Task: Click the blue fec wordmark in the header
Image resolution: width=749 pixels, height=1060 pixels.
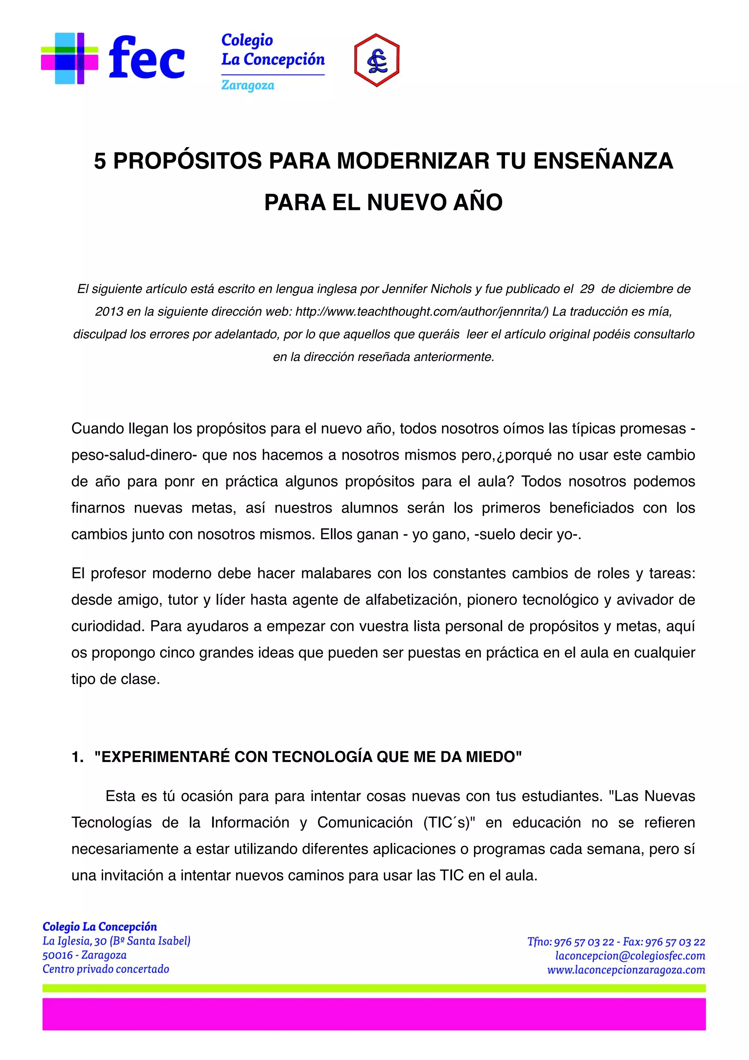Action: [147, 58]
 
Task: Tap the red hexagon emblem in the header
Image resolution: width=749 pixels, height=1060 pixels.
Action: [377, 60]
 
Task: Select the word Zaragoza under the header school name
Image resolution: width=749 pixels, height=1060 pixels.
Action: [248, 86]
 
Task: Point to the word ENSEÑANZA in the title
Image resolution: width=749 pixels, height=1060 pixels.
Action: [603, 161]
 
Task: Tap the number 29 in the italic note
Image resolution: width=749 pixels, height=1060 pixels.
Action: [587, 289]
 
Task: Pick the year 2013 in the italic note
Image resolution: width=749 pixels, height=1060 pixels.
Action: [109, 312]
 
